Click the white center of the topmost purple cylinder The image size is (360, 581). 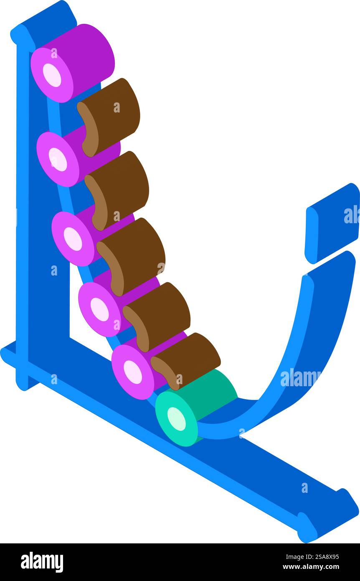(52, 75)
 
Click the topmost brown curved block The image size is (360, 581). (109, 117)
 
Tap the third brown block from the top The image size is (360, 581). (131, 257)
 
